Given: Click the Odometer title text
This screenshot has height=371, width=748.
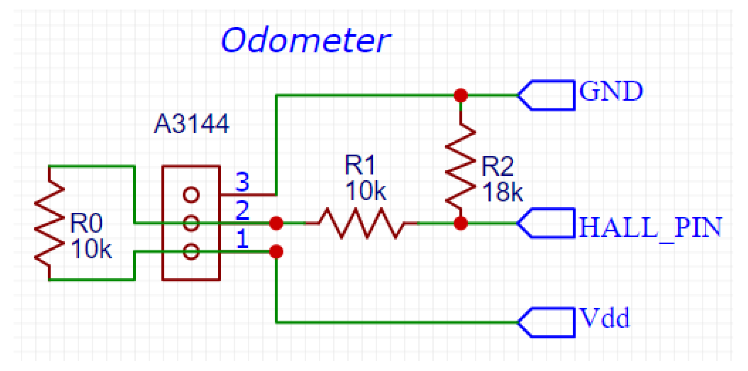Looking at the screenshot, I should (306, 40).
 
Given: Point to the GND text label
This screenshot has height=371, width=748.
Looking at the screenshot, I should (611, 91).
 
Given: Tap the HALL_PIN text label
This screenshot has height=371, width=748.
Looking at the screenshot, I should (650, 227).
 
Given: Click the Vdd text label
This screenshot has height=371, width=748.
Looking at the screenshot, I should (605, 318).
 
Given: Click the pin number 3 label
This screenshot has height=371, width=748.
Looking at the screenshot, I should (242, 182).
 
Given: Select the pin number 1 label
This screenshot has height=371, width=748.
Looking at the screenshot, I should (242, 239).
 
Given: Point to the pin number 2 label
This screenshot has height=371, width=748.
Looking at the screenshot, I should (242, 210).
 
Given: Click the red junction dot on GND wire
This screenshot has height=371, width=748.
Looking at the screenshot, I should (461, 95).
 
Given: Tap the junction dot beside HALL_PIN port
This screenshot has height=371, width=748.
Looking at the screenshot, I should (461, 223).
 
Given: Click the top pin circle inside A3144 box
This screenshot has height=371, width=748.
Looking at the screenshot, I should (191, 194).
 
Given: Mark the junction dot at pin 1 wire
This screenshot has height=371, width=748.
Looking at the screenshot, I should (276, 252).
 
